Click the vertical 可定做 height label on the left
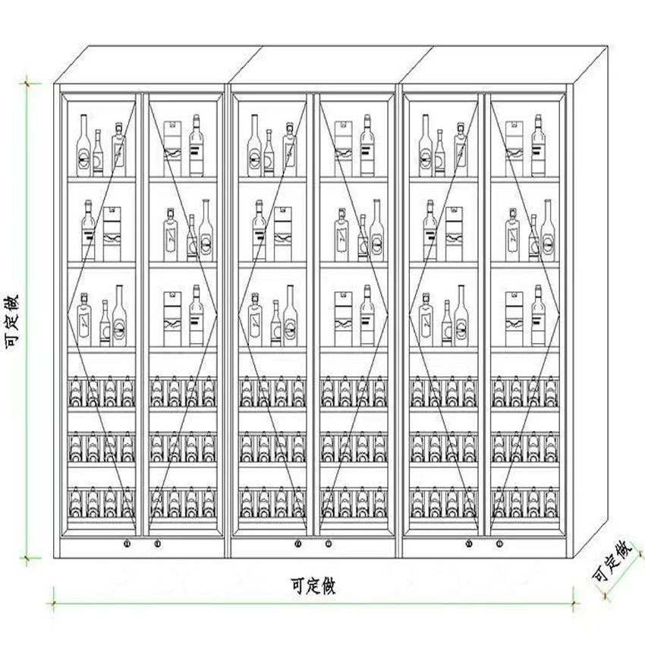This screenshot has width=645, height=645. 13,320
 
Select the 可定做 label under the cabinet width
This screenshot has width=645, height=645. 313,586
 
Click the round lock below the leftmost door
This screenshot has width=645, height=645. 127,543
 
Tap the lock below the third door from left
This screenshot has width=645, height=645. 298,543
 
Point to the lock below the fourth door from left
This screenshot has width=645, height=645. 328,543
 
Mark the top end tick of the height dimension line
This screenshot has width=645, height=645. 29,82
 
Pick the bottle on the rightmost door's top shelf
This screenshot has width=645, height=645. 538,146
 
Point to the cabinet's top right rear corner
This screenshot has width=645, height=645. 607,47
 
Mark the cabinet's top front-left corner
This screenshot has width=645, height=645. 58,83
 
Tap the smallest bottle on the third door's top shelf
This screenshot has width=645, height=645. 269,155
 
